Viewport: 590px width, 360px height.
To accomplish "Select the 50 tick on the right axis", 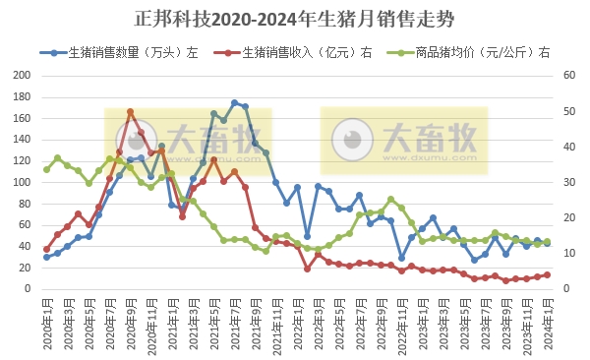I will click(x=568, y=111).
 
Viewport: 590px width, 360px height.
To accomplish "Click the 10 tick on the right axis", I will click(x=568, y=254).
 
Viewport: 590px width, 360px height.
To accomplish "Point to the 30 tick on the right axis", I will click(x=568, y=182).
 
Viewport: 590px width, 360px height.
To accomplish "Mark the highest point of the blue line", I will click(x=234, y=102).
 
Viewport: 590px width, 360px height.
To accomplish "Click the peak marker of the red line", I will click(x=130, y=112).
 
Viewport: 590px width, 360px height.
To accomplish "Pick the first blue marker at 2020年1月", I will click(x=46, y=257).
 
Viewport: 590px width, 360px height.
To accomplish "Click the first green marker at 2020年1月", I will click(x=46, y=169).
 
